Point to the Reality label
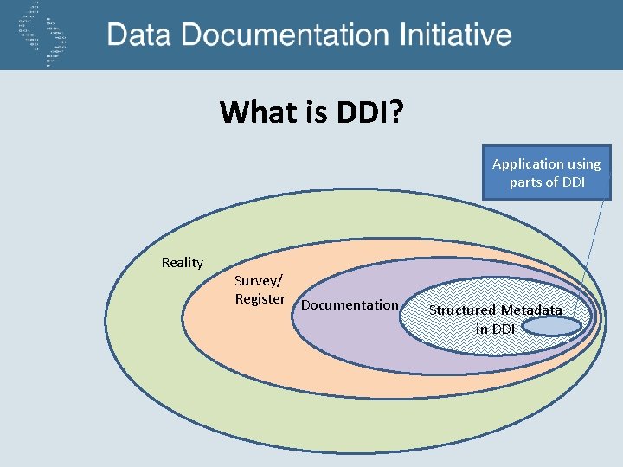click(183, 262)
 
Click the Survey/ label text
click(257, 280)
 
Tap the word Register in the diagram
click(260, 299)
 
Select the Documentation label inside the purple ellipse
click(350, 304)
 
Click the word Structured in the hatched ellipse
click(462, 310)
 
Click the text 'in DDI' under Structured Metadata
click(495, 329)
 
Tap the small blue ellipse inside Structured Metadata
click(552, 325)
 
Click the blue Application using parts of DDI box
click(546, 172)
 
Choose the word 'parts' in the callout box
click(525, 182)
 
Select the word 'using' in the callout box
click(582, 163)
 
